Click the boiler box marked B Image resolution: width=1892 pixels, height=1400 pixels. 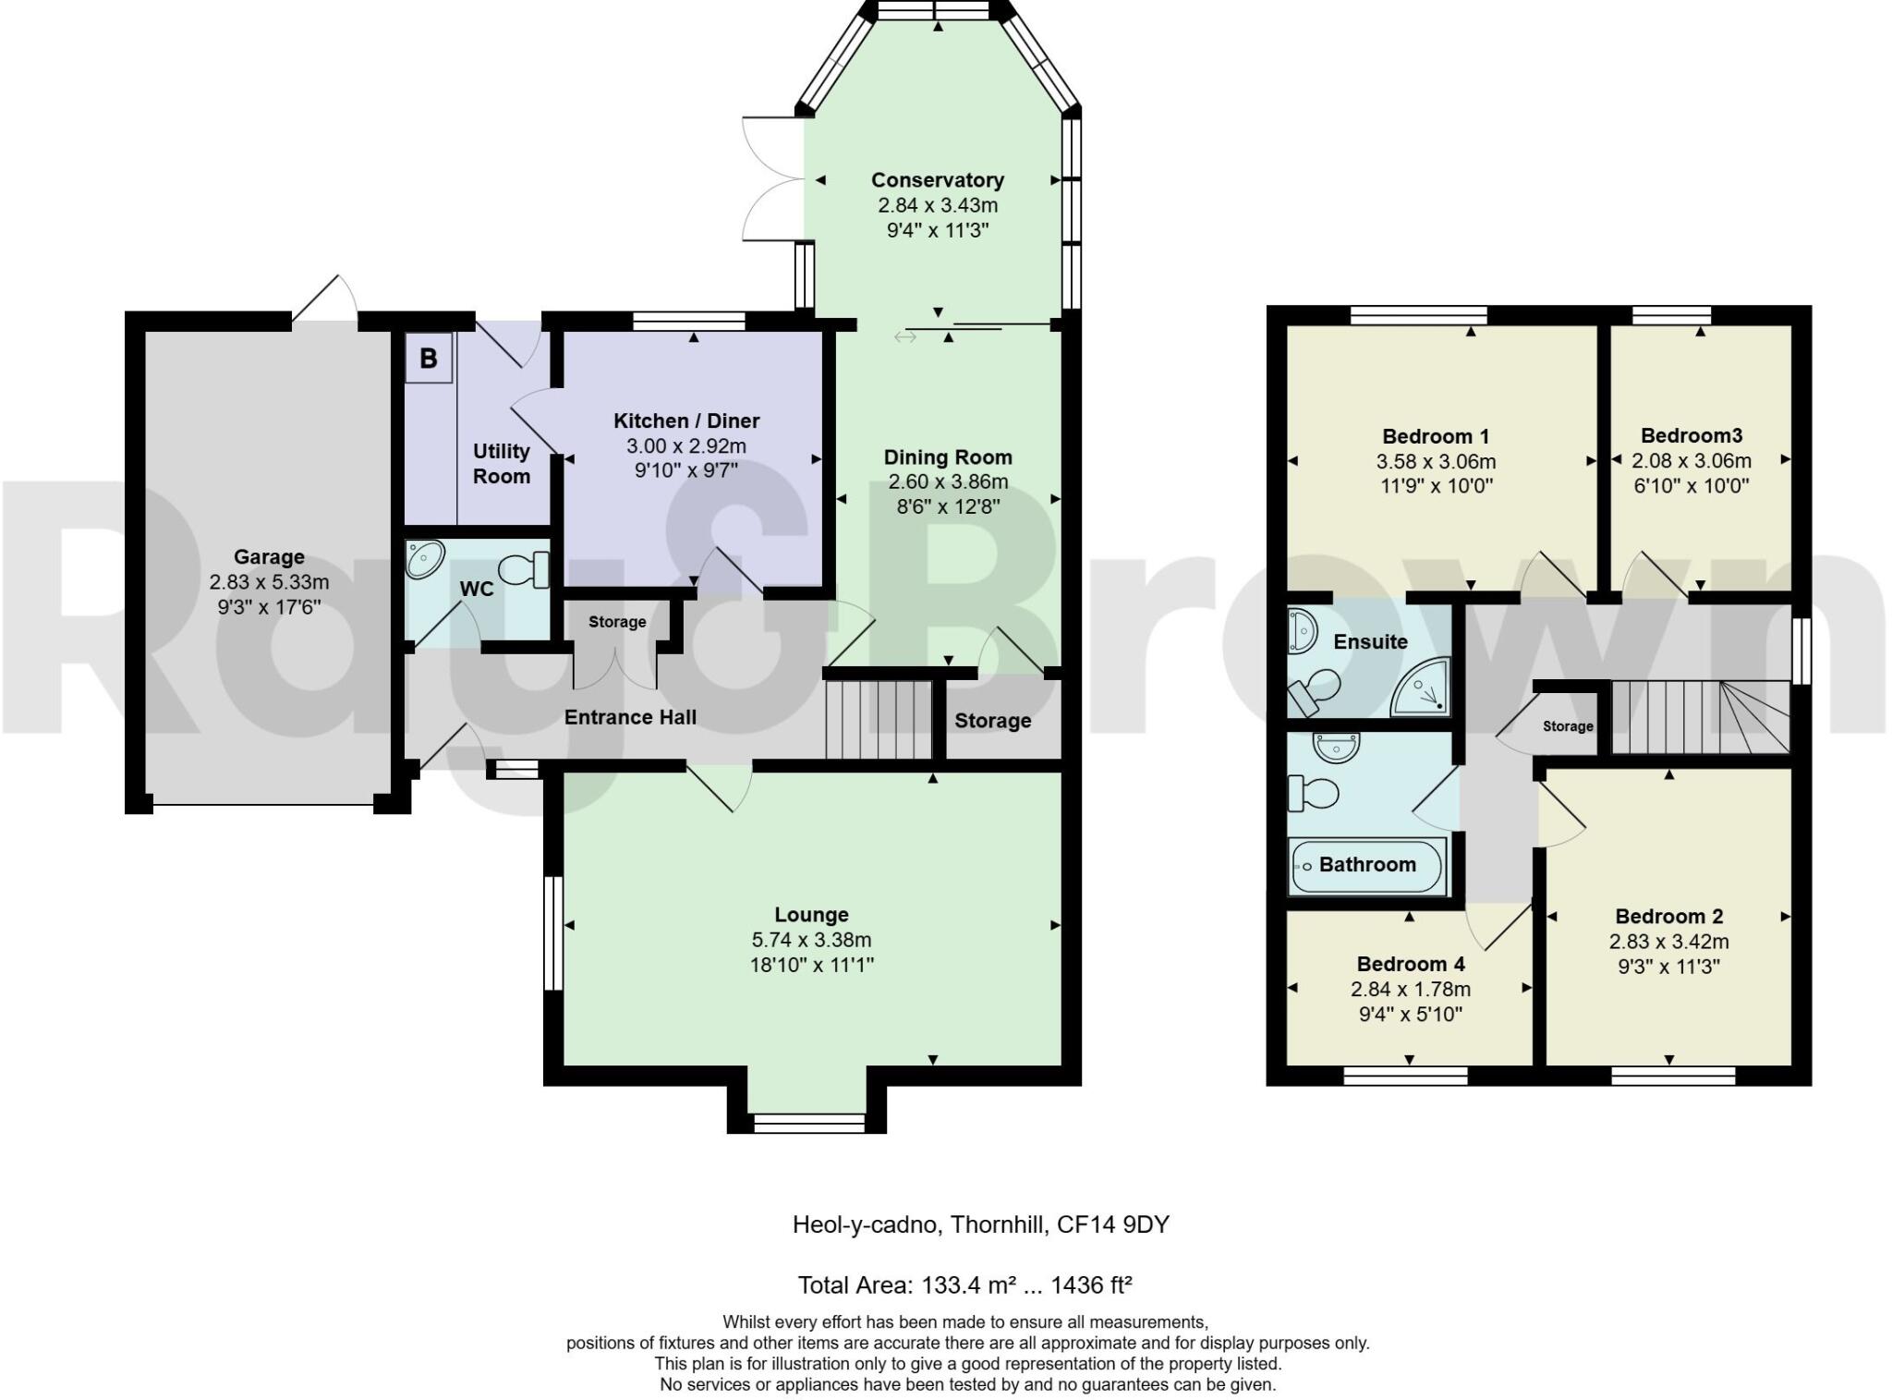click(x=429, y=359)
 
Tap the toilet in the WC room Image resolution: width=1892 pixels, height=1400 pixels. click(x=526, y=569)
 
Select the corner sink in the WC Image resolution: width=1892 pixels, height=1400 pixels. click(x=425, y=559)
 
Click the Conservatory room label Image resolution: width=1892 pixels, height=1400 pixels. click(x=937, y=180)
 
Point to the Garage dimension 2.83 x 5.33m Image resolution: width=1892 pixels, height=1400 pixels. click(x=269, y=582)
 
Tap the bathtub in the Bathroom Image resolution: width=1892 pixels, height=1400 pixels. click(x=1367, y=866)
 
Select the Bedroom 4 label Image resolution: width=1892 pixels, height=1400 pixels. click(x=1410, y=964)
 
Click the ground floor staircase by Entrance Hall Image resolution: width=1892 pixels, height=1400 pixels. click(x=879, y=719)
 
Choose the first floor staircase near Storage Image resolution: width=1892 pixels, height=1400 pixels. click(x=1700, y=717)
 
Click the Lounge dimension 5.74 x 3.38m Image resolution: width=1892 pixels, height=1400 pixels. click(x=811, y=940)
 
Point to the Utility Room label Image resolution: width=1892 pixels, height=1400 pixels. click(x=502, y=463)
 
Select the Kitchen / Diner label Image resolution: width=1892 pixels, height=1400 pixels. click(x=686, y=421)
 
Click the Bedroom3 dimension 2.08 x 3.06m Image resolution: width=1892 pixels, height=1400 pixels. click(x=1691, y=460)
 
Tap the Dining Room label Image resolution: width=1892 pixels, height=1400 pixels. click(x=948, y=457)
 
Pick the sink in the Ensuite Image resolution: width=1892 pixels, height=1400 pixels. click(x=1303, y=628)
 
